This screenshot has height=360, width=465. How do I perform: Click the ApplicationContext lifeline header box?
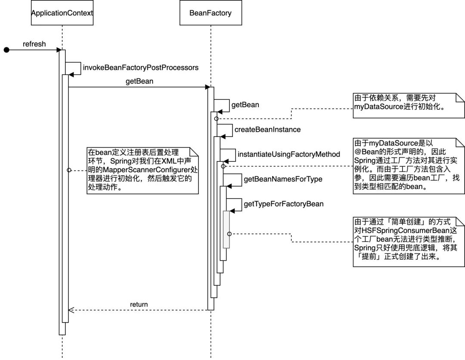tap(62, 13)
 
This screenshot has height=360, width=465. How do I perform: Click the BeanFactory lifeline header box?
tap(211, 13)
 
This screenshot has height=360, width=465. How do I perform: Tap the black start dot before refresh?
tap(6, 50)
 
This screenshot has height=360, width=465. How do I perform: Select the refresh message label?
tap(34, 44)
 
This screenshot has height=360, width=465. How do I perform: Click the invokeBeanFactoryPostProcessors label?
tap(141, 68)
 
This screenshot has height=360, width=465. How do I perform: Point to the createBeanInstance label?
tap(267, 129)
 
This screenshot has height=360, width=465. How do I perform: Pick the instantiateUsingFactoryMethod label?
tap(289, 154)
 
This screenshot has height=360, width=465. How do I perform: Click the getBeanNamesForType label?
tap(283, 179)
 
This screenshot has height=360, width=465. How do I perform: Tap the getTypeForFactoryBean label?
tap(284, 204)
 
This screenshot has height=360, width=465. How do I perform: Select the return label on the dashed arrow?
tap(139, 304)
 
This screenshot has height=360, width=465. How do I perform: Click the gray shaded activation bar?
tap(226, 230)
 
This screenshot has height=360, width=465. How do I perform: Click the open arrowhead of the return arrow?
tap(71, 310)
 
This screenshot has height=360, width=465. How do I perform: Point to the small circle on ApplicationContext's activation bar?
tap(68, 170)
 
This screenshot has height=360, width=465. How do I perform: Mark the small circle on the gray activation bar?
tap(229, 233)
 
